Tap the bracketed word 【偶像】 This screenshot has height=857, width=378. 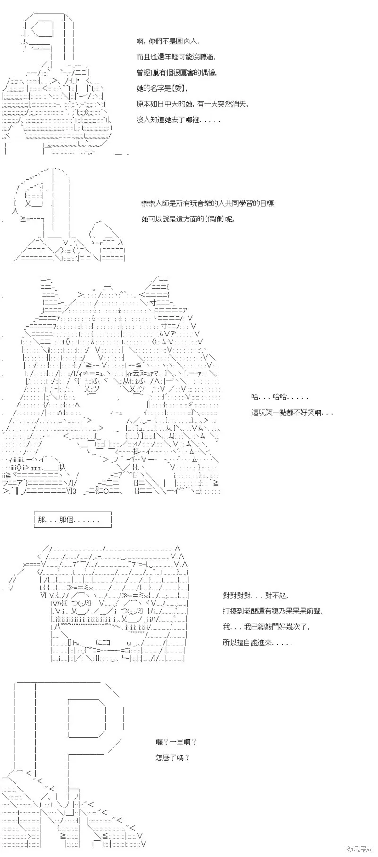tap(215, 219)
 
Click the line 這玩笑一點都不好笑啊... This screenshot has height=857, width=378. tap(292, 412)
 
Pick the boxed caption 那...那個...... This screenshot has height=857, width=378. tap(73, 520)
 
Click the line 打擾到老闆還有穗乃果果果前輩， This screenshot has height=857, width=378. tap(272, 611)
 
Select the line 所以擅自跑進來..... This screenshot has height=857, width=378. tap(258, 643)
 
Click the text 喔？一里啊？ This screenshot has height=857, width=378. tap(176, 742)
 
